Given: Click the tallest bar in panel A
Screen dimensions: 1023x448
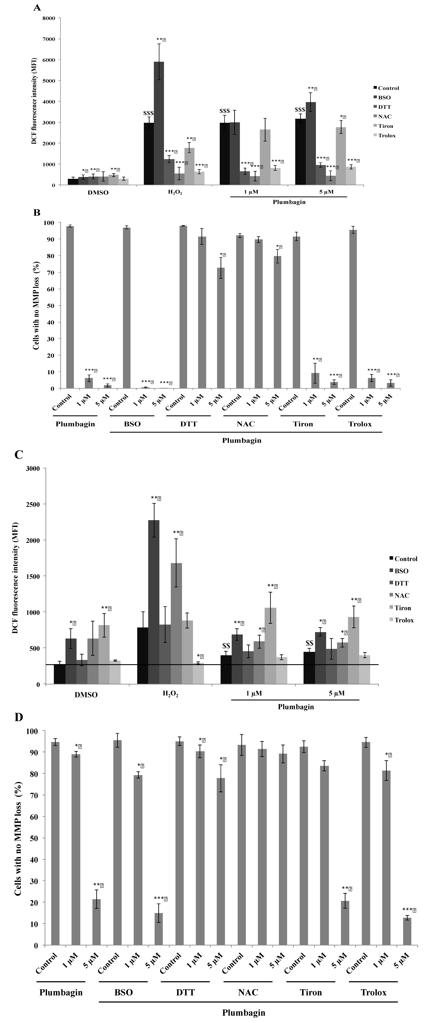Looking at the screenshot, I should click(159, 123).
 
